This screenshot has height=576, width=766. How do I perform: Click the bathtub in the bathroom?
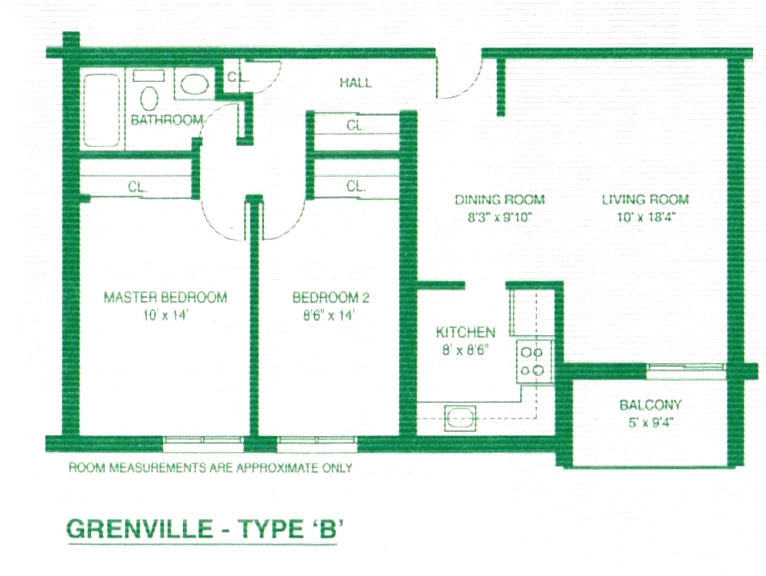tap(102, 110)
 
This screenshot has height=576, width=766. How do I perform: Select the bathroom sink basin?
tap(195, 85)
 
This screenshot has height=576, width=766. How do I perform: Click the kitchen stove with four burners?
tap(534, 362)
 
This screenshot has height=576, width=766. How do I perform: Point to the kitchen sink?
tap(460, 418)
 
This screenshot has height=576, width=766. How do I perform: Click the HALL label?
tap(356, 83)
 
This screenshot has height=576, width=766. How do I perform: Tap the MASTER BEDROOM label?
tap(165, 297)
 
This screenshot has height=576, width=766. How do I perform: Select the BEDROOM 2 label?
tap(331, 297)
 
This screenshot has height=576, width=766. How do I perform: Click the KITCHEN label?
tap(466, 332)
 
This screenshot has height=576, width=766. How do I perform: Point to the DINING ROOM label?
tap(499, 199)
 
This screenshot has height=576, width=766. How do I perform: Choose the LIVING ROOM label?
tap(645, 199)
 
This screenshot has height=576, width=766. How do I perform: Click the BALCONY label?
tap(650, 405)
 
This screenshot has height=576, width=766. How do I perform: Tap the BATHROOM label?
tap(167, 120)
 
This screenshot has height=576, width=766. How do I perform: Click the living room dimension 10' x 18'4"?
tap(646, 217)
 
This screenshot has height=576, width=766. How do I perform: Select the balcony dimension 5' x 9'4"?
tap(651, 422)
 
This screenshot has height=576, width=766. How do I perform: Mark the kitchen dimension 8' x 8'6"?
tap(466, 350)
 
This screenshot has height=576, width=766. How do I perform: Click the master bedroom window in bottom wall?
tap(203, 444)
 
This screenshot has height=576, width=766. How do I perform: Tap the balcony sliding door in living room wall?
tap(686, 371)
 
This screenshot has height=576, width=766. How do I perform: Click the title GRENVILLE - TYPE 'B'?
tap(202, 529)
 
